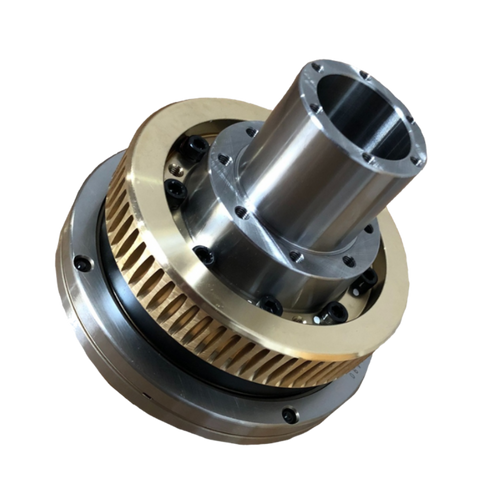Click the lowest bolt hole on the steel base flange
290,414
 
